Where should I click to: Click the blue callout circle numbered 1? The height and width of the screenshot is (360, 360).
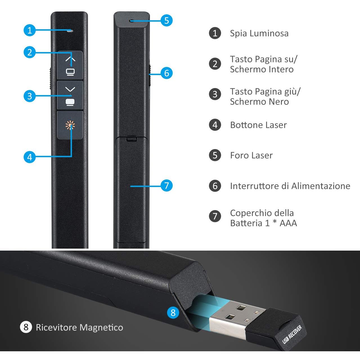30,30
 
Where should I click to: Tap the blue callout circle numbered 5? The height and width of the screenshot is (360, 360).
166,20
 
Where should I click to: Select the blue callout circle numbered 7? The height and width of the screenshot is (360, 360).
166,186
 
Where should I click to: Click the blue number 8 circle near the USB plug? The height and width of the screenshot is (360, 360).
173,312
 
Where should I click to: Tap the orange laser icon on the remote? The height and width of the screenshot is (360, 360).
70,125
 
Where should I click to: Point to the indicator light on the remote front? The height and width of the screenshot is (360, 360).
70,31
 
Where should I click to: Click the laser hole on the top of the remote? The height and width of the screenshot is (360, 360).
132,21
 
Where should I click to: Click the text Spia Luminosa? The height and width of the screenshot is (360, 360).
259,33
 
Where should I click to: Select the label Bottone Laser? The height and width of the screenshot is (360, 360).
258,125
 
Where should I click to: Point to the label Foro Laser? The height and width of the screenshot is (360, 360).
251,156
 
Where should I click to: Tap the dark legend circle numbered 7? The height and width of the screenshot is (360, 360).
215,216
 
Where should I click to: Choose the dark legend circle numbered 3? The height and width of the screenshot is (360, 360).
215,94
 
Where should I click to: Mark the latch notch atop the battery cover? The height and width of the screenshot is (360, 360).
132,139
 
